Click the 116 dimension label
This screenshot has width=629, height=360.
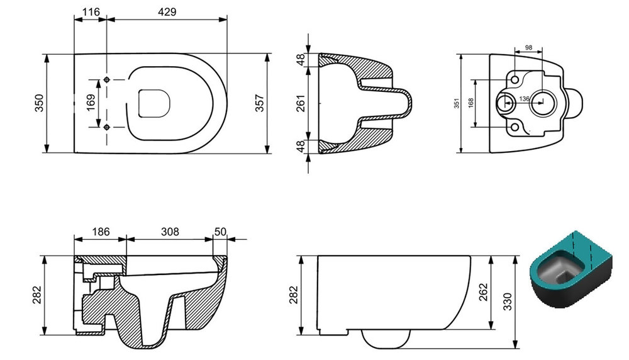point(91,12)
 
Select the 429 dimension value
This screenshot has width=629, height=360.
point(167,12)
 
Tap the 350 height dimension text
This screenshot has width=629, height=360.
point(39,103)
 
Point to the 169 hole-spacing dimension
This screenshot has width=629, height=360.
point(91,103)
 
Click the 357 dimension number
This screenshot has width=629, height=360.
point(260,103)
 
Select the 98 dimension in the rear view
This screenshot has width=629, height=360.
point(529,48)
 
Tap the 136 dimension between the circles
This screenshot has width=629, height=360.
point(525,99)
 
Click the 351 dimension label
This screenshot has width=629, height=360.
point(457,103)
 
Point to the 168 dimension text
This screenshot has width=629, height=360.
point(471,103)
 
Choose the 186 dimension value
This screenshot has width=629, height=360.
point(101,232)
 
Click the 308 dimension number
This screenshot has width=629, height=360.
point(170,232)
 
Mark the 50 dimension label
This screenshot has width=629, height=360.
point(220,232)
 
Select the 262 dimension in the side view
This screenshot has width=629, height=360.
point(483,292)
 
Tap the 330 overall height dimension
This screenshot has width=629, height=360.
point(508,302)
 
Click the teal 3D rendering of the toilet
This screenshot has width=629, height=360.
point(572,269)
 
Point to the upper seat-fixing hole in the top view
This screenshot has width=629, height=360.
point(106,79)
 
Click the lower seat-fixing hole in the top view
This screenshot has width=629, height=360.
point(106,127)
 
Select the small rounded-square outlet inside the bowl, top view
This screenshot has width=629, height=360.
point(154,104)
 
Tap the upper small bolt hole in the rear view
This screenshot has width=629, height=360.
point(515,79)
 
